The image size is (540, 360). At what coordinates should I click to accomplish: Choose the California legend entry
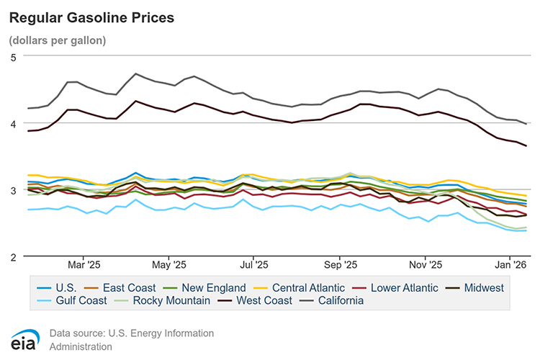(x=341, y=300)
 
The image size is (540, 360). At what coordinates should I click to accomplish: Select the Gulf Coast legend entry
(x=82, y=300)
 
